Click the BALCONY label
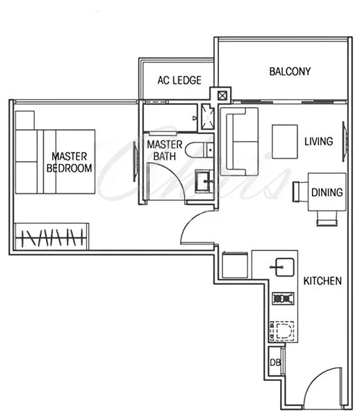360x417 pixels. tap(290, 72)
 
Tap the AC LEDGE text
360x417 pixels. tap(179, 81)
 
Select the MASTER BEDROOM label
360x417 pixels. tap(68, 162)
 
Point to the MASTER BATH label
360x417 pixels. tap(164, 150)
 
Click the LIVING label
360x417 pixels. tap(318, 141)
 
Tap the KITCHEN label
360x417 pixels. tap(322, 281)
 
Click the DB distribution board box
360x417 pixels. tap(275, 362)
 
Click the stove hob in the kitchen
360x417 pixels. tap(282, 299)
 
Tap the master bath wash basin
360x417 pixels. tap(204, 182)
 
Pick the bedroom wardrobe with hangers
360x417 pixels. tap(51, 236)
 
